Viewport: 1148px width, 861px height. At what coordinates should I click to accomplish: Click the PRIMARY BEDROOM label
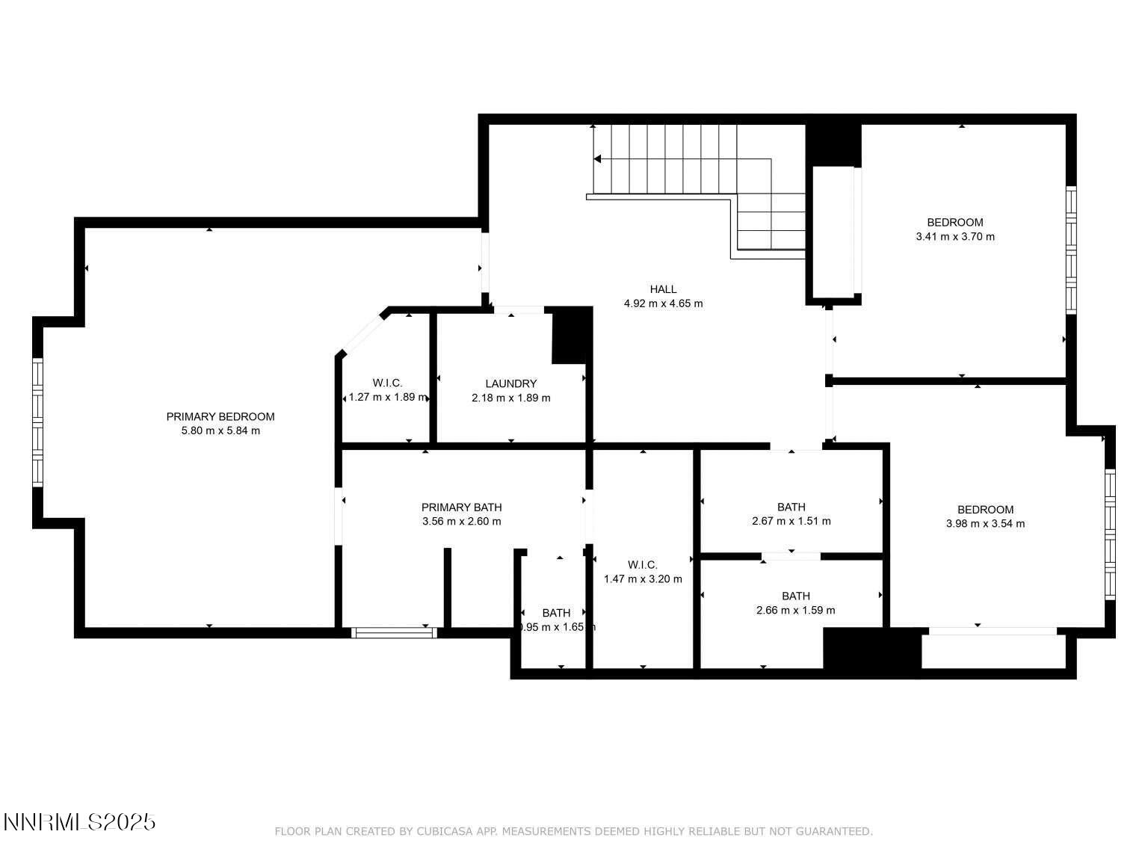pos(220,416)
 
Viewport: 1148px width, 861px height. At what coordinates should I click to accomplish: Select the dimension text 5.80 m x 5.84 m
pos(220,430)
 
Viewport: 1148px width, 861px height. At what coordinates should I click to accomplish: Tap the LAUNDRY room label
pos(510,383)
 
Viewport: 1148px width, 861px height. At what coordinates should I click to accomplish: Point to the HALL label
pos(663,289)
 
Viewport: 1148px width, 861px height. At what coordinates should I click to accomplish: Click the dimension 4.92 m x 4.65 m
pos(663,303)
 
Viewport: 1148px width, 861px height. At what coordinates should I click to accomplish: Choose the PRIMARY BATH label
pos(461,507)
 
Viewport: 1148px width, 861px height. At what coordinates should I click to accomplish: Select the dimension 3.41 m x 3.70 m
pos(954,236)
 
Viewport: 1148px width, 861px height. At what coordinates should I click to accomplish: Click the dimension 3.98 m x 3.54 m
pos(985,523)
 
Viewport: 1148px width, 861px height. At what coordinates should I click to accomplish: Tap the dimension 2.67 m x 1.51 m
pos(791,521)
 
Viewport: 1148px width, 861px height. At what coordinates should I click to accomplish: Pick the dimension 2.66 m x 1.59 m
pos(795,610)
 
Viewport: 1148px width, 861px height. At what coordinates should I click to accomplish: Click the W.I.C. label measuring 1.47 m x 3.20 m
pos(643,564)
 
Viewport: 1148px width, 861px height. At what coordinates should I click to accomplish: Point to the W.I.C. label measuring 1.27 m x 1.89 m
pos(387,383)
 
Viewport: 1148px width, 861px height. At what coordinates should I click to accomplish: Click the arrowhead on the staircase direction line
pos(597,158)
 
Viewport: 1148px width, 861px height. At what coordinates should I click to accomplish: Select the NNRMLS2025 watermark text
pos(79,822)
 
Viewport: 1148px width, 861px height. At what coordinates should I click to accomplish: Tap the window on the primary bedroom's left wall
pos(37,422)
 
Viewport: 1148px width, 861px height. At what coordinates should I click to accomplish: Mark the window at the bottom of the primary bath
pos(394,632)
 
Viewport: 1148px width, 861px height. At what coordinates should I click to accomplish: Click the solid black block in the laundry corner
pos(571,336)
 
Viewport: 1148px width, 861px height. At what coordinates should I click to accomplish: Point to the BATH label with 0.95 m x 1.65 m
pos(556,613)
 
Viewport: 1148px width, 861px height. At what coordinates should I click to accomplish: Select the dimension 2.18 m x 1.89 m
pos(510,398)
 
